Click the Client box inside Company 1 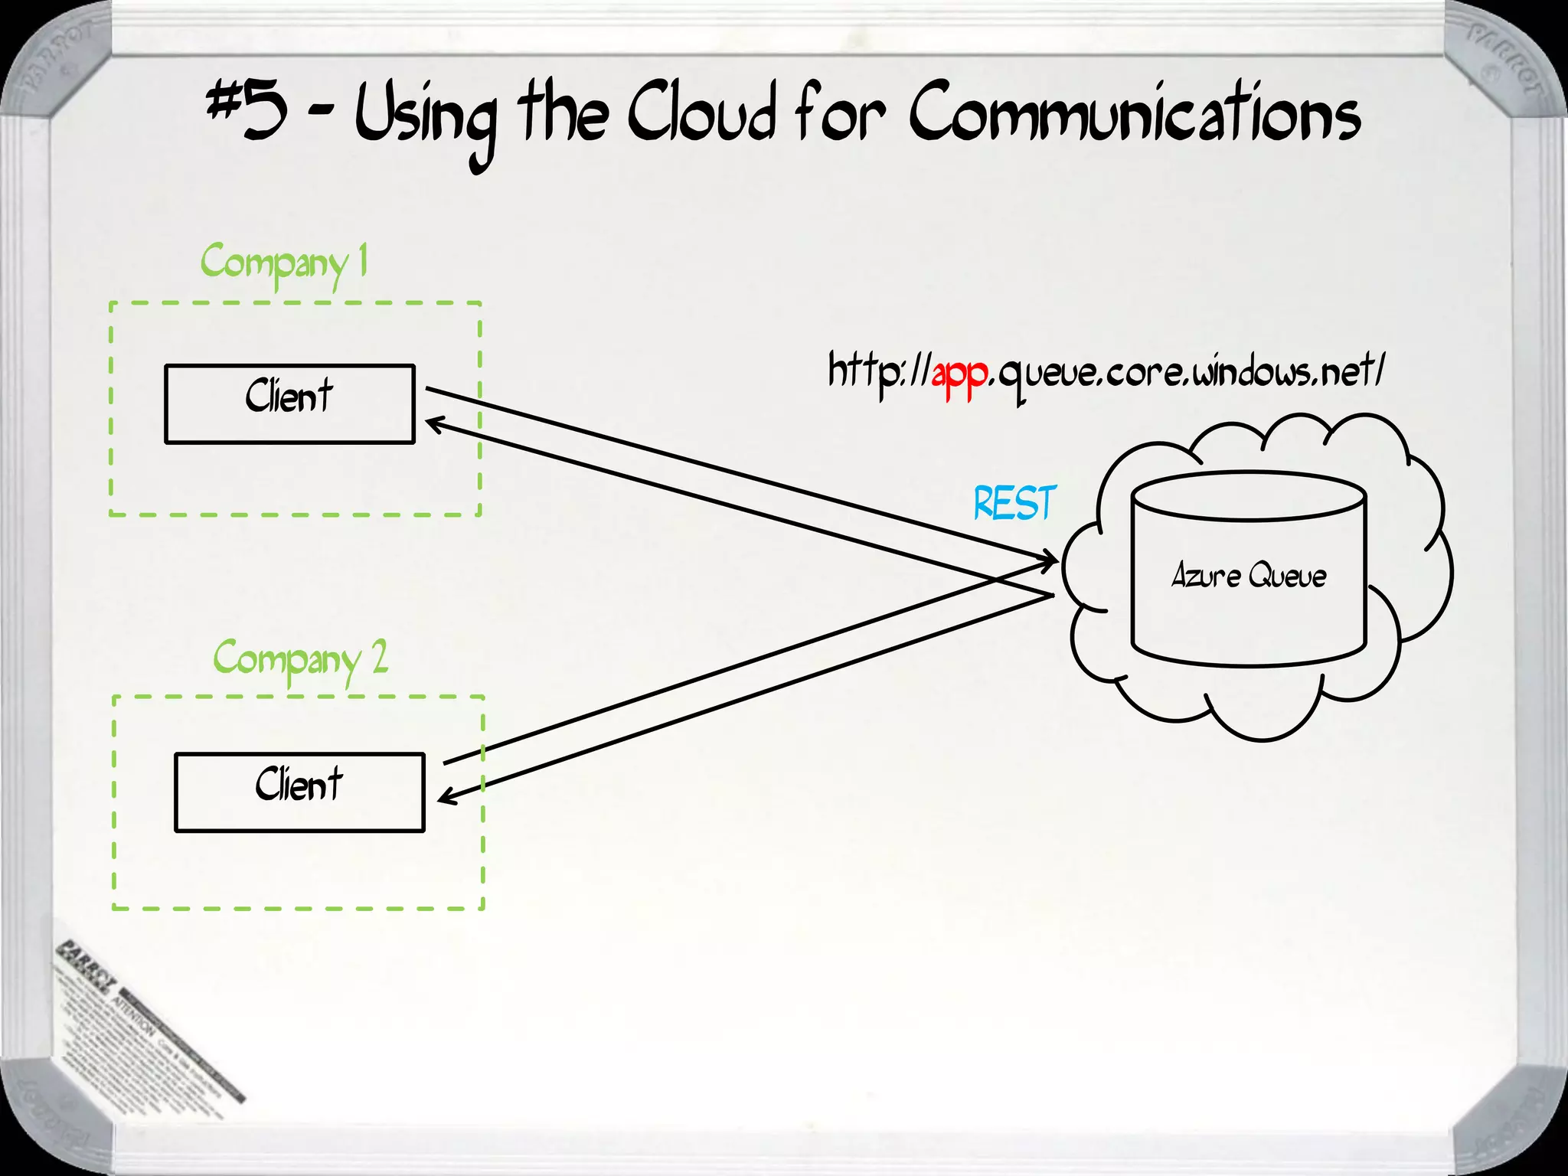pyautogui.click(x=289, y=403)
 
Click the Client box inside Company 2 pyautogui.click(x=299, y=792)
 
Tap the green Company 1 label pyautogui.click(x=284, y=263)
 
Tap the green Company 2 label pyautogui.click(x=300, y=660)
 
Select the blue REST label pyautogui.click(x=1014, y=503)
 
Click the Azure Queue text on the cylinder pyautogui.click(x=1249, y=576)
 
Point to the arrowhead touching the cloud pyautogui.click(x=1050, y=561)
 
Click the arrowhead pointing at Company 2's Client pyautogui.click(x=446, y=797)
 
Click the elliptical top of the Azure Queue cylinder pyautogui.click(x=1249, y=496)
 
